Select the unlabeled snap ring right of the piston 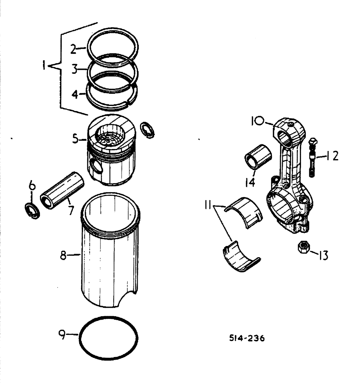[x=148, y=129]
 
